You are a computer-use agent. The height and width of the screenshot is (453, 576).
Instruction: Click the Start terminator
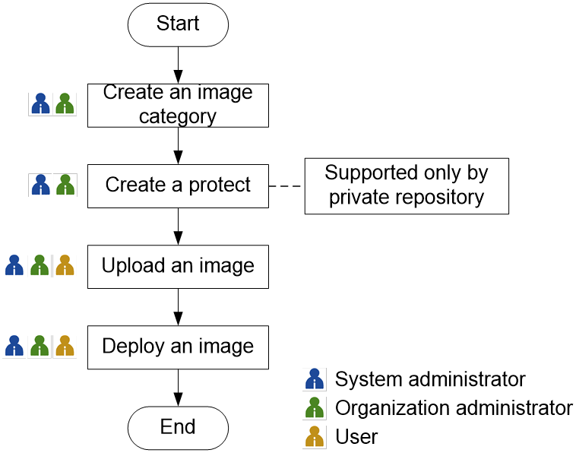coord(178,24)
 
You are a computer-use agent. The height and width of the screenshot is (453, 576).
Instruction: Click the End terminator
coord(178,427)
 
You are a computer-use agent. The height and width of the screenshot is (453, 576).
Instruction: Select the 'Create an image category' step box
coord(178,105)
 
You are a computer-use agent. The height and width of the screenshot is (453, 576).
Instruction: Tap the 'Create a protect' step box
coord(178,185)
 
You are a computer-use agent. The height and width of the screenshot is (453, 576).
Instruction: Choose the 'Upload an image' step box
coord(178,266)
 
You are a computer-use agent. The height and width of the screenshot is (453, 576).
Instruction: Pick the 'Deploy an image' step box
coord(178,347)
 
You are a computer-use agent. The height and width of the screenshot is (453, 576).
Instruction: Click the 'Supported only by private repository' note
coord(407,185)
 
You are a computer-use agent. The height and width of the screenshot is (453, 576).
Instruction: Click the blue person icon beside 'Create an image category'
coord(40,104)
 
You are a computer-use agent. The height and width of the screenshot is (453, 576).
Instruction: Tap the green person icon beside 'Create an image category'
coord(65,104)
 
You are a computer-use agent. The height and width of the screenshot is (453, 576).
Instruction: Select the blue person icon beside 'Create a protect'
coord(40,185)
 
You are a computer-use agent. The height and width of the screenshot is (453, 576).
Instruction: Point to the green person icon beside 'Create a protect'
coord(65,185)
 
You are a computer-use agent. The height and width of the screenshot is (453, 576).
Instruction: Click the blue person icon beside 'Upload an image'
coord(14,265)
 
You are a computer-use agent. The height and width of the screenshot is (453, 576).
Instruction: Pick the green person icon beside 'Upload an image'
coord(40,265)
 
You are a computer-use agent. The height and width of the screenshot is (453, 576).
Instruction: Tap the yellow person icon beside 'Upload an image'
coord(65,265)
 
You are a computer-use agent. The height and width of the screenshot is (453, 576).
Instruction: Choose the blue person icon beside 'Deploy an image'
coord(14,346)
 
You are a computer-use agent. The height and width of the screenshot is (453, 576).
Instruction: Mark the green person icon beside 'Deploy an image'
coord(40,346)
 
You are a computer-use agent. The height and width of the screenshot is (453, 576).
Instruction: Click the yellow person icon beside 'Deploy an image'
coord(65,346)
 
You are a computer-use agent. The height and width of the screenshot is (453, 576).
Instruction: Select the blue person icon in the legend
coord(314,379)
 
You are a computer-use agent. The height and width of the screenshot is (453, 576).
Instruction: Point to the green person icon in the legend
coord(314,407)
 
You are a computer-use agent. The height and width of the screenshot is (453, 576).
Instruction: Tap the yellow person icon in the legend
coord(314,436)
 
